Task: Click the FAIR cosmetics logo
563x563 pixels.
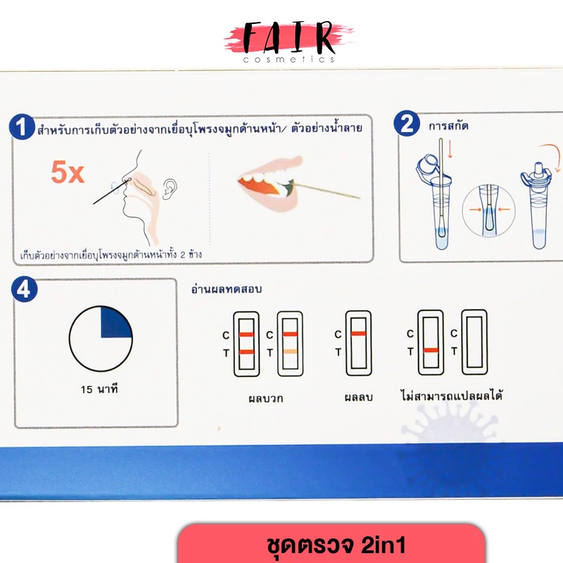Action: coord(289,42)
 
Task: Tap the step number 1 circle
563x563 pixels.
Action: coord(22,127)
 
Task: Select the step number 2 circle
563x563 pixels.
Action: coord(407,124)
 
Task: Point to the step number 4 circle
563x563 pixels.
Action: coord(24,289)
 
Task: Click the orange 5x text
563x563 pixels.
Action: coord(68,172)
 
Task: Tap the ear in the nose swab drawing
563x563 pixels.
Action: coord(170,189)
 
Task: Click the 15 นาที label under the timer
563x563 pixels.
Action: coord(99,389)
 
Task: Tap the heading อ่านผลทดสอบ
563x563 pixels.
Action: coord(226,289)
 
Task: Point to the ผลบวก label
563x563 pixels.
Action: coord(266,398)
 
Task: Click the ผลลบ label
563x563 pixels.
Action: coord(358,397)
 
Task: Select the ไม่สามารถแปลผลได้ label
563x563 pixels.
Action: coord(451,396)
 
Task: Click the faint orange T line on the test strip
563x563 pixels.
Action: coord(290,351)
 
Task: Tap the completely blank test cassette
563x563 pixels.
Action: coord(474,342)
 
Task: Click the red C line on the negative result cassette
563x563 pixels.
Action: coord(358,334)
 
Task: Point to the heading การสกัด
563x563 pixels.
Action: coord(448,126)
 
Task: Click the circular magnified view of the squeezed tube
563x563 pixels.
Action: coord(488,210)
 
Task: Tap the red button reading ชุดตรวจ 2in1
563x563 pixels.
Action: coord(331,543)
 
